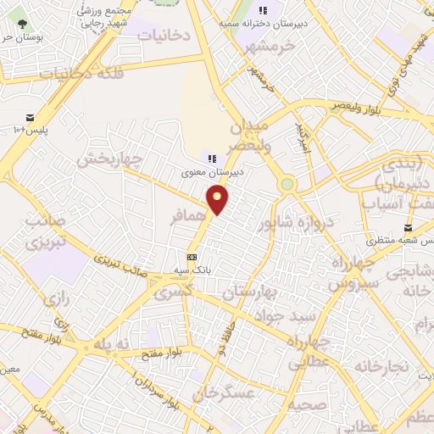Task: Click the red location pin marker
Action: coord(218,200)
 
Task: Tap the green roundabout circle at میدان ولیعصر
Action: coord(287,183)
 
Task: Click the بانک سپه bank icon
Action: coord(192,258)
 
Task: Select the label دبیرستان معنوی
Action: coord(212,172)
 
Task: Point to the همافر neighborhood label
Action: coord(188,217)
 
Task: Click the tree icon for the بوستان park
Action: coord(21,24)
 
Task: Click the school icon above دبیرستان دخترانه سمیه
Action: coord(263,10)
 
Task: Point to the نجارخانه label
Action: coord(381,365)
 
